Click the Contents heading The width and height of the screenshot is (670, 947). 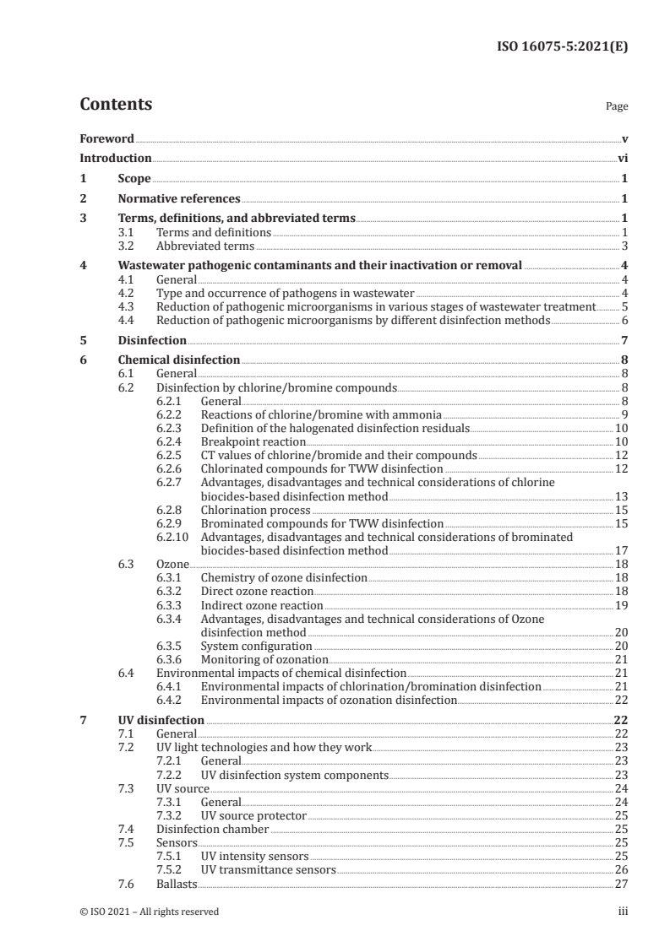[116, 105]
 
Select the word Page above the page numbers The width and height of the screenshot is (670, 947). [617, 107]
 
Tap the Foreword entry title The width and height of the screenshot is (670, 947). [106, 138]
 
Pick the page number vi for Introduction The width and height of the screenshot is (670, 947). [622, 158]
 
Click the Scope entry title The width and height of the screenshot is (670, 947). [134, 179]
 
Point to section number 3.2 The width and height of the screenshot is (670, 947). [128, 246]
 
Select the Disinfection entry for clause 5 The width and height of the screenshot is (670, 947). [152, 340]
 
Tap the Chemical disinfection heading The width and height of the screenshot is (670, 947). [178, 360]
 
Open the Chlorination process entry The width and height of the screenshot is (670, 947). [255, 511]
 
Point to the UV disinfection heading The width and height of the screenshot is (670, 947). [161, 720]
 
